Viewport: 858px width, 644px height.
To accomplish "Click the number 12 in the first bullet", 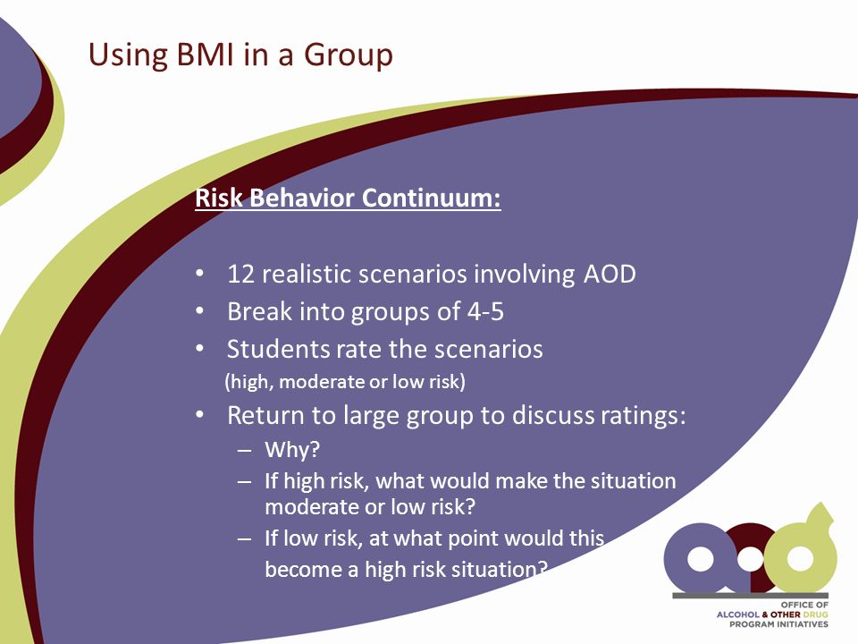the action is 240,274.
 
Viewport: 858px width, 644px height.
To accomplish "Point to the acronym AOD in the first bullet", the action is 610,274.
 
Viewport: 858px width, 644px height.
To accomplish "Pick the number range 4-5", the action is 485,311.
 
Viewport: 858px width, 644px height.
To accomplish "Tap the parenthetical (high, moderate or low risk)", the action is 345,382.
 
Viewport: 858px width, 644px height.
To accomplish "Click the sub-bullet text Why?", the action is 292,450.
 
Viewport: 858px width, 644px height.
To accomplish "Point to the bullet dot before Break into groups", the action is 199,311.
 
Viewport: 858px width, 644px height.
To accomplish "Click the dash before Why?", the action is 245,451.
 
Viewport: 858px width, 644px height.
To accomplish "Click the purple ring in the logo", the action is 699,558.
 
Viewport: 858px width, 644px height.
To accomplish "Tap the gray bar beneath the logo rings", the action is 750,596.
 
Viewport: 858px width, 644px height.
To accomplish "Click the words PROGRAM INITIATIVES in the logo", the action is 778,624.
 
